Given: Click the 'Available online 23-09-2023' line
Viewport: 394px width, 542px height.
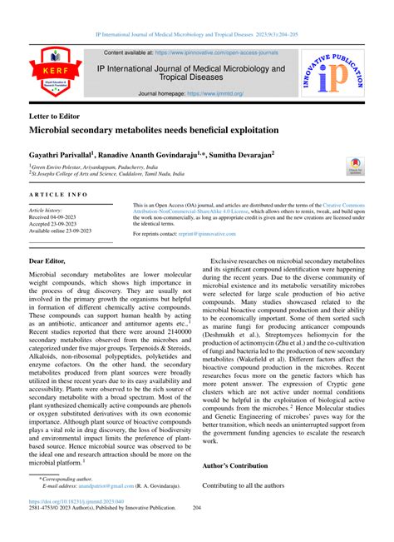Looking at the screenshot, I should click(x=66, y=231).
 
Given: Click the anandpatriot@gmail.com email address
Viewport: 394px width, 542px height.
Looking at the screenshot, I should click(x=111, y=508).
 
